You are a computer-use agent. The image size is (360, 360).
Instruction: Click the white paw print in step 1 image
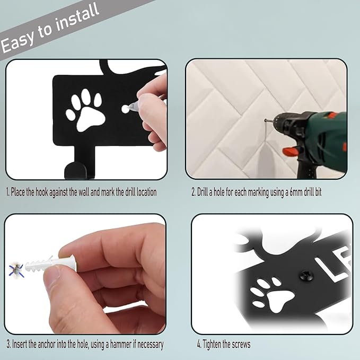point(85,109)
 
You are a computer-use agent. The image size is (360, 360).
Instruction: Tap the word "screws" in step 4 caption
point(240,344)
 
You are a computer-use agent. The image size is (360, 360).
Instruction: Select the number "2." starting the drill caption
point(194,192)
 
